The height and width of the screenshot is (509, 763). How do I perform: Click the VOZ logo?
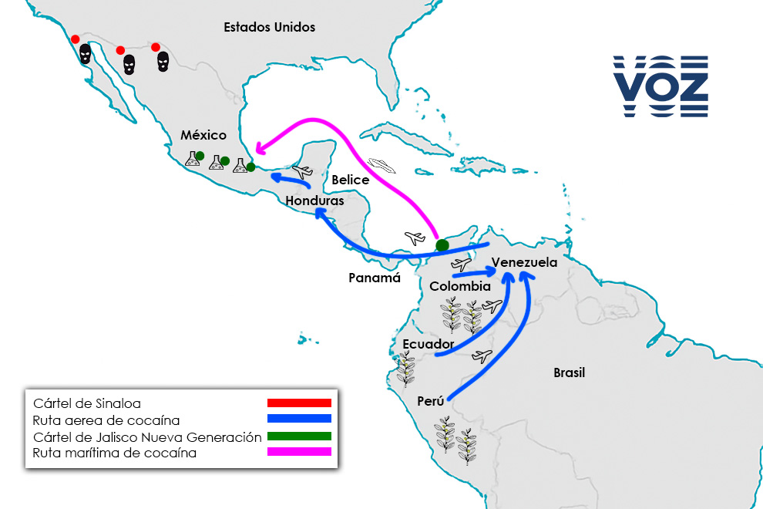pos(660,86)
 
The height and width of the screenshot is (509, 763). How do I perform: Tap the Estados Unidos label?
pos(269,27)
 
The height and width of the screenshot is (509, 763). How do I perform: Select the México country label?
pos(203,135)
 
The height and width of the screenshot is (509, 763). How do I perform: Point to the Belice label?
pos(350,180)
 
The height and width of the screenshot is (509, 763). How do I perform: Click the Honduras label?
pos(314,201)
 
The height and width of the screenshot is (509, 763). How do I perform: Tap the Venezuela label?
pos(524,262)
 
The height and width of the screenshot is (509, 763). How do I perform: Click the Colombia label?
pos(460,286)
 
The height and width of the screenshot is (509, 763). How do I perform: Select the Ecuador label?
pos(428,343)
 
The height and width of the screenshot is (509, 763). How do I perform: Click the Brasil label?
pos(569,373)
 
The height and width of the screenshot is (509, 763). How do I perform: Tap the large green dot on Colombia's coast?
pos(442,245)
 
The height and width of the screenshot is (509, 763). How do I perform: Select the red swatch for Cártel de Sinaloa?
pos(299,403)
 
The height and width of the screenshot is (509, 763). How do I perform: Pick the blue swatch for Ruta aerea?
pos(299,419)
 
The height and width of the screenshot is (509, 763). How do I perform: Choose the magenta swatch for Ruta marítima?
pos(299,452)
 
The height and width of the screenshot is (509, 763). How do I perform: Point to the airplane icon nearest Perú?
pos(482,356)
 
